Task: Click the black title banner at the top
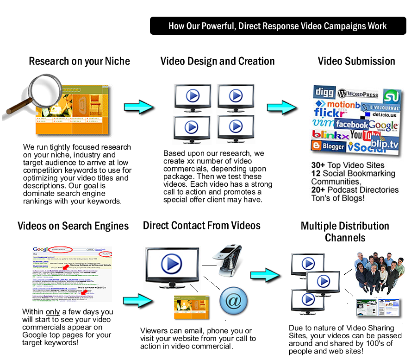pyautogui.click(x=278, y=26)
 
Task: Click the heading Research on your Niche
pyautogui.click(x=79, y=61)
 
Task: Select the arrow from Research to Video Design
pyautogui.click(x=139, y=107)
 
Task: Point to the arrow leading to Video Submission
pyautogui.click(x=282, y=107)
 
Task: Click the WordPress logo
pyautogui.click(x=358, y=94)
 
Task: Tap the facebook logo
pyautogui.click(x=351, y=124)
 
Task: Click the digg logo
pyautogui.click(x=324, y=92)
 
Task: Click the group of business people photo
pyautogui.click(x=377, y=273)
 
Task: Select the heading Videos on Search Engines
pyautogui.click(x=73, y=226)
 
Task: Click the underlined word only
pyautogui.click(x=52, y=312)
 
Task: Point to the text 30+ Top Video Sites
pyautogui.click(x=348, y=165)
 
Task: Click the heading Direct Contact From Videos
pyautogui.click(x=201, y=226)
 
